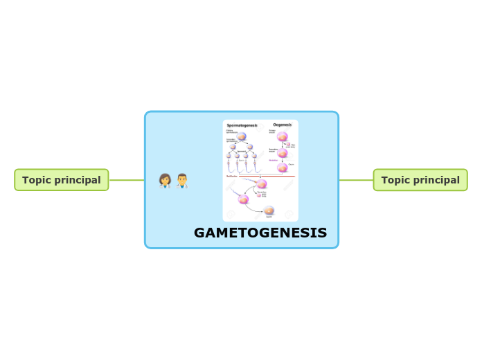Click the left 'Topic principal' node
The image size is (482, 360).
pyautogui.click(x=62, y=180)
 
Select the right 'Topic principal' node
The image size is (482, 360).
pyautogui.click(x=420, y=180)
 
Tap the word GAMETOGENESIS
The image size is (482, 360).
pyautogui.click(x=260, y=233)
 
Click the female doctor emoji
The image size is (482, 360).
pyautogui.click(x=166, y=181)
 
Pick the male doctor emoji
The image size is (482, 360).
pyautogui.click(x=182, y=181)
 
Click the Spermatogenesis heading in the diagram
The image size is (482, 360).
pyautogui.click(x=242, y=125)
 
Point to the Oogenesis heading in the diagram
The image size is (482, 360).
pyautogui.click(x=282, y=125)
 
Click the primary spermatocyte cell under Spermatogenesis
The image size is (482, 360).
pyautogui.click(x=242, y=136)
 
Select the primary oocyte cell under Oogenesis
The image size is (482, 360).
pyautogui.click(x=283, y=136)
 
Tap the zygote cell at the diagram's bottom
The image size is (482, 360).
pyautogui.click(x=269, y=210)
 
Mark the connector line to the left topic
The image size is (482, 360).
pyautogui.click(x=127, y=180)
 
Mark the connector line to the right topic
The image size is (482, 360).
pyautogui.click(x=356, y=180)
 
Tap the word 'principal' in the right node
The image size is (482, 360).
pyautogui.click(x=438, y=180)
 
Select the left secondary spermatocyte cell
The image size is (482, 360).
pyautogui.click(x=233, y=147)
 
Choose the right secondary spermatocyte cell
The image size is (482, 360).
pyautogui.click(x=250, y=147)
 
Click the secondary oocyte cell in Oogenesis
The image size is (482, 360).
pyautogui.click(x=283, y=153)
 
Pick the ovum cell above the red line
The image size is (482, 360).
pyautogui.click(x=283, y=167)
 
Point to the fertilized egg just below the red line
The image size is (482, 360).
pyautogui.click(x=262, y=184)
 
